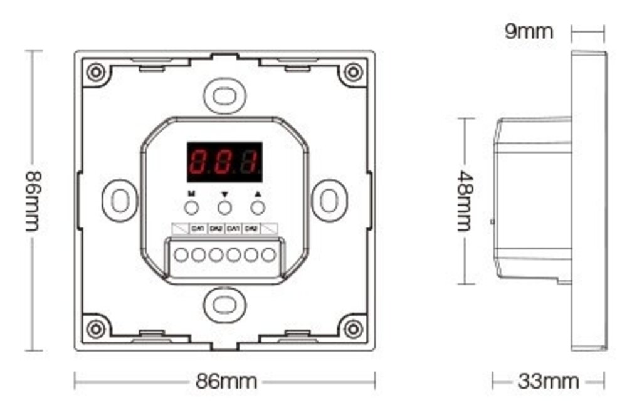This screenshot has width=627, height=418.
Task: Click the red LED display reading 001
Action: tap(224, 162)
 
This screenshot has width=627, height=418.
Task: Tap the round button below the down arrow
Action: tap(224, 208)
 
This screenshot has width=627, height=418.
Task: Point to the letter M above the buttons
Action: tap(191, 194)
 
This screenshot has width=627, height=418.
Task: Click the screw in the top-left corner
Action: tap(95, 72)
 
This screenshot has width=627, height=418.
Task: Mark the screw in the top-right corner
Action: tap(354, 72)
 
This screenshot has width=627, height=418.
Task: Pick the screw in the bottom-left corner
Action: tap(95, 328)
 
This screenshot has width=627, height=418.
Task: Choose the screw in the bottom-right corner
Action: tap(354, 328)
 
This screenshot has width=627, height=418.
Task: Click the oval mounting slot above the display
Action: tap(224, 95)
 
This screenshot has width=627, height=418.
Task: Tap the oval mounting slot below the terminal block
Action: tap(224, 305)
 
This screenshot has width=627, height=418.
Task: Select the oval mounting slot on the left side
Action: tap(119, 200)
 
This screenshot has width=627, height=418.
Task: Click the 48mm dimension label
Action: tap(464, 200)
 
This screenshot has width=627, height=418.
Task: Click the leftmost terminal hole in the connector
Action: tap(182, 255)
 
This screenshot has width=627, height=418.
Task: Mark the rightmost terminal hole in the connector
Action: tap(268, 255)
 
